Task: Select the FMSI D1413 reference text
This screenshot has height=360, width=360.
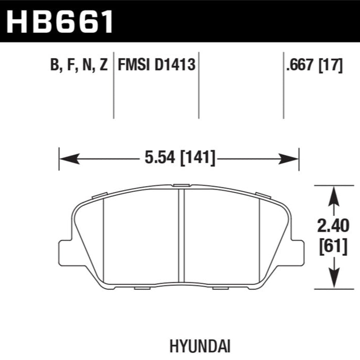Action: (157, 65)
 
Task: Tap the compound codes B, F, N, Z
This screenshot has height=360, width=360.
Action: (79, 65)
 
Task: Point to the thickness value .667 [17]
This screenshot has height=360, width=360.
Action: (314, 65)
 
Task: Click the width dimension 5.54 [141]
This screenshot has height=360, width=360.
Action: (180, 158)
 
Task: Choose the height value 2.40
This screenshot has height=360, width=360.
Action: (333, 226)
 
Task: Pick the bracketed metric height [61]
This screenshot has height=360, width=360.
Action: (333, 246)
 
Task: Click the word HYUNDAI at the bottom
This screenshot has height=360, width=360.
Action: (200, 346)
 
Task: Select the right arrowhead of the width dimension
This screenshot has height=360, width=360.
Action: (289, 159)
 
